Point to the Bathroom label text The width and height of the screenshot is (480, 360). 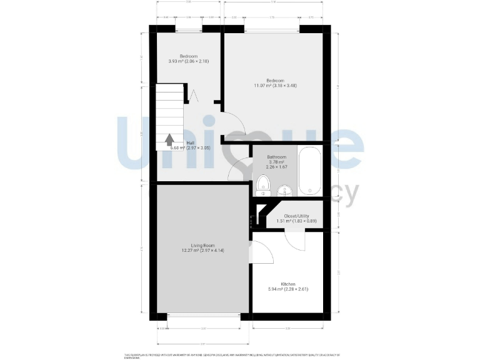pos(276,156)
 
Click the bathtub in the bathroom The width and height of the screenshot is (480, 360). pos(309,171)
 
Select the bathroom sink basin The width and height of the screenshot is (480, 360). pos(283,191)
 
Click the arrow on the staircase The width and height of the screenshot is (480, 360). pos(169,139)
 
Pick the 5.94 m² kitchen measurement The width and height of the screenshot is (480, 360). pos(287,289)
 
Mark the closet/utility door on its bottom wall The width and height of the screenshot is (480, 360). pos(293,235)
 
